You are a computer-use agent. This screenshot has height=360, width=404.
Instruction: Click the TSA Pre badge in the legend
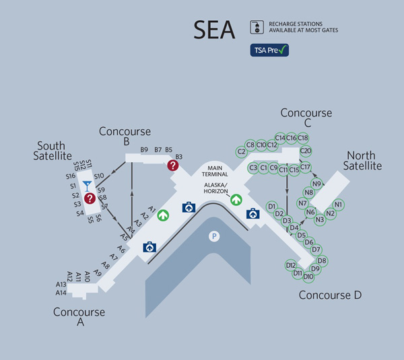[x=270, y=50]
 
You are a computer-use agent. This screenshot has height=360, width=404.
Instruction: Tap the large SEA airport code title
[x=215, y=30]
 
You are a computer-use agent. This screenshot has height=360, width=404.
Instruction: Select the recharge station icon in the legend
[x=256, y=27]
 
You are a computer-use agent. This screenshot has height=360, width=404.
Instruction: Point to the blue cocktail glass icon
[x=86, y=184]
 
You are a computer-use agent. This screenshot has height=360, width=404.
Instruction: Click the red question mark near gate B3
[x=174, y=164]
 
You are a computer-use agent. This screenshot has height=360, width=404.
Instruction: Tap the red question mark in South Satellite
[x=89, y=198]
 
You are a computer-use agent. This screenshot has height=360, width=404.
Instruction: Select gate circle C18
[x=303, y=138]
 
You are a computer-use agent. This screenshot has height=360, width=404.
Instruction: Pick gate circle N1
[x=338, y=205]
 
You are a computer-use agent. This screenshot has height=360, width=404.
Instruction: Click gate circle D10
[x=308, y=276]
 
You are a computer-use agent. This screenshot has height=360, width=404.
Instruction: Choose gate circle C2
[x=242, y=151]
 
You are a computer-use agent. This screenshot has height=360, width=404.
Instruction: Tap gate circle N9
[x=317, y=184]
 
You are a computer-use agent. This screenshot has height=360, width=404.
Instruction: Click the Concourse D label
[x=330, y=295]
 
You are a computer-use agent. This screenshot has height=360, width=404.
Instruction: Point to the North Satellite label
[x=362, y=161]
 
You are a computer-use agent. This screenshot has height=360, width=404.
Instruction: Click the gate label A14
[x=61, y=293]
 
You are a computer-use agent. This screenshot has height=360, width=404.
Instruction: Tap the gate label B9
[x=144, y=149]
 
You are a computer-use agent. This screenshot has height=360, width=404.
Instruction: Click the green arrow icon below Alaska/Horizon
[x=236, y=199]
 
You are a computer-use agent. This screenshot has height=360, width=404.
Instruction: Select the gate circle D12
[x=291, y=265]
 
